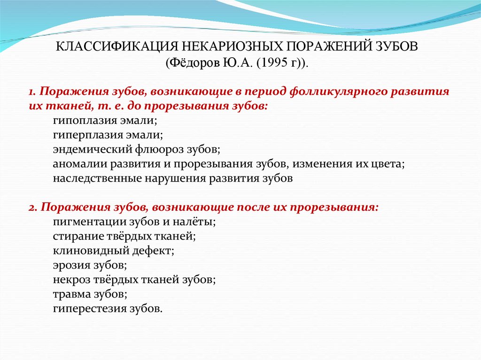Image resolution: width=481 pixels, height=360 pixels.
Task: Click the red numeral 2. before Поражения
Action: (32, 207)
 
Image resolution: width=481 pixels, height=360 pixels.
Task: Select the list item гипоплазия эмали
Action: (104, 120)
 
